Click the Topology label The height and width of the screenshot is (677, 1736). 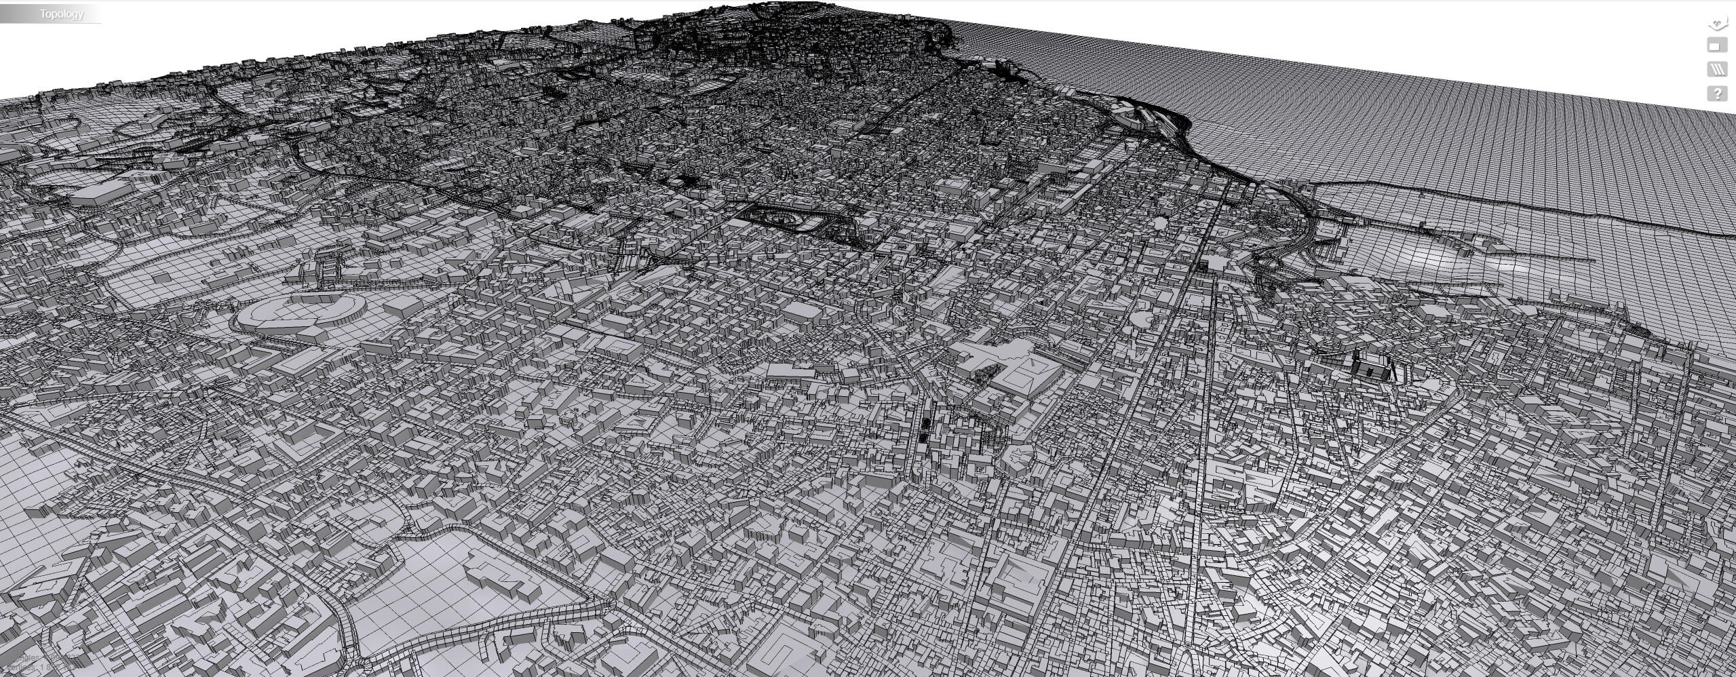click(x=61, y=14)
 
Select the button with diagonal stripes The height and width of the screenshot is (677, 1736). click(x=1717, y=69)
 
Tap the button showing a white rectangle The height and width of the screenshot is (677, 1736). click(x=1717, y=46)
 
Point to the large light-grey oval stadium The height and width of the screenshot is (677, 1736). click(x=298, y=313)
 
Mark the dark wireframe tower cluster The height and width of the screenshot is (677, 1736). click(x=1370, y=366)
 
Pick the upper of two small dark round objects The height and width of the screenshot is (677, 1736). click(x=926, y=423)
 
